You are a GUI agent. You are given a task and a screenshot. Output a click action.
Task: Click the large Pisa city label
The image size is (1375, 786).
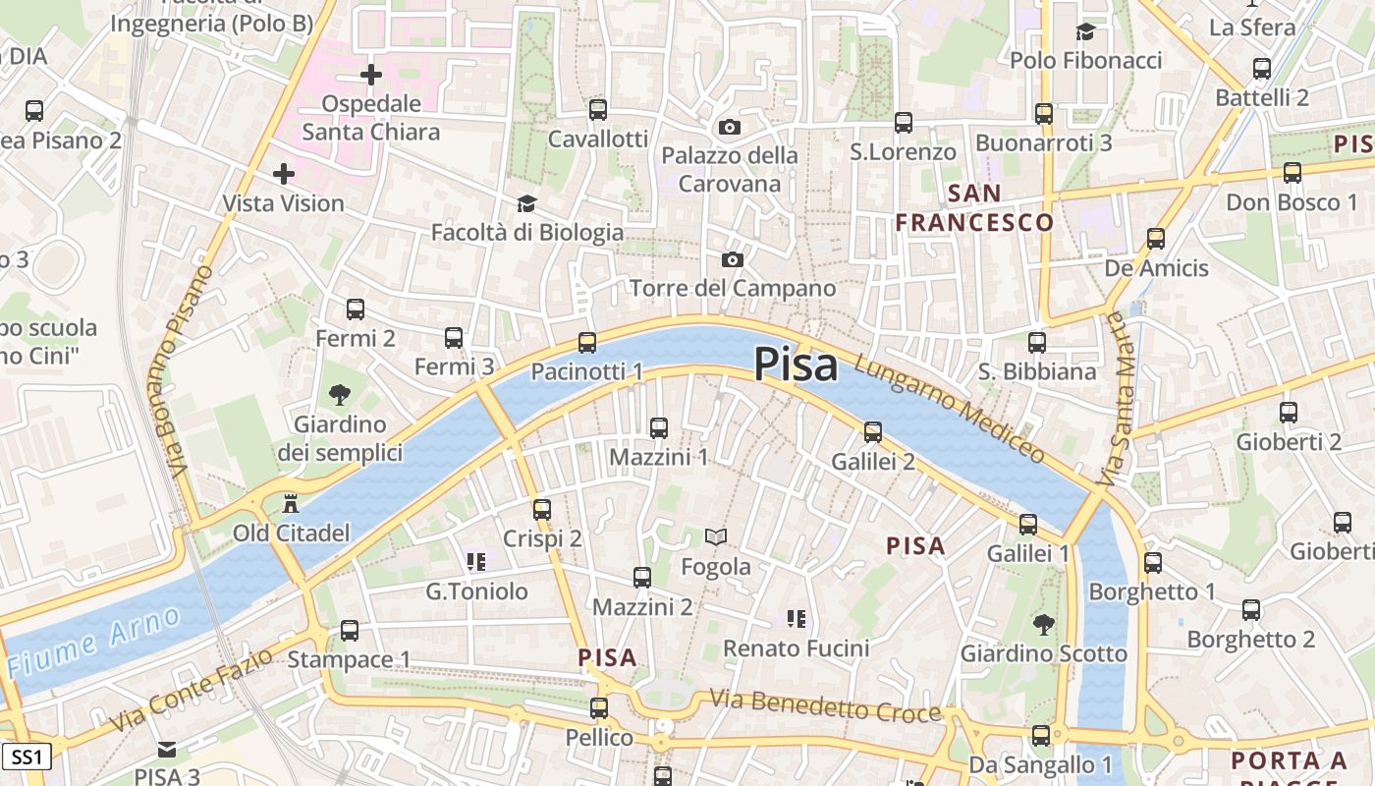796,365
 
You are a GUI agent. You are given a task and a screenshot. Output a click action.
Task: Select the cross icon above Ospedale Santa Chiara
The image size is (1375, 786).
371,75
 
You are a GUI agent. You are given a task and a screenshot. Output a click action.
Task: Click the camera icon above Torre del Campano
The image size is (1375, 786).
732,260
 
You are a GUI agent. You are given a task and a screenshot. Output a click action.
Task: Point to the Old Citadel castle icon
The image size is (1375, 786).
291,505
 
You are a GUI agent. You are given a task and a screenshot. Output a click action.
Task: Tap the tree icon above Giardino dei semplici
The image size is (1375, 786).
340,395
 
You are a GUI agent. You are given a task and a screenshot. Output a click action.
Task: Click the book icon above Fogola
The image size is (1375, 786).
716,537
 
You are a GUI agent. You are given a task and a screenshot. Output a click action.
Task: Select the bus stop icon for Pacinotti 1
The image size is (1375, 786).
587,343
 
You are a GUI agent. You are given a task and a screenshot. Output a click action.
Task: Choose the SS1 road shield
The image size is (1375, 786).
27,757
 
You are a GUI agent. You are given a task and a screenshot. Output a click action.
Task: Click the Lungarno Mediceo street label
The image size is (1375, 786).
950,408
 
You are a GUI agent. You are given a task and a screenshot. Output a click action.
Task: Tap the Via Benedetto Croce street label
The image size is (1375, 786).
825,706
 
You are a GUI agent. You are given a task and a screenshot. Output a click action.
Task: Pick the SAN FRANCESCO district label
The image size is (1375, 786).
974,207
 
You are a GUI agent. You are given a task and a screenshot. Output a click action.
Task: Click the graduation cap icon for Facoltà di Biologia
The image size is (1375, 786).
527,203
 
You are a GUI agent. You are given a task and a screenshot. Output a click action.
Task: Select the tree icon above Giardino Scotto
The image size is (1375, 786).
1043,624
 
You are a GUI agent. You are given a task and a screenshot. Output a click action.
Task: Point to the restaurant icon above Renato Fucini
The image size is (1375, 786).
796,619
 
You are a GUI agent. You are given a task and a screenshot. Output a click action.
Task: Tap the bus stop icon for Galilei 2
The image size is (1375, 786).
872,432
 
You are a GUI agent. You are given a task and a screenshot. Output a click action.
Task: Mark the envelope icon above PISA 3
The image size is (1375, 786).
167,750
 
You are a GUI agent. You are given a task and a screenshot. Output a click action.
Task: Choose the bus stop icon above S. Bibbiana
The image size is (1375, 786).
1037,343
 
